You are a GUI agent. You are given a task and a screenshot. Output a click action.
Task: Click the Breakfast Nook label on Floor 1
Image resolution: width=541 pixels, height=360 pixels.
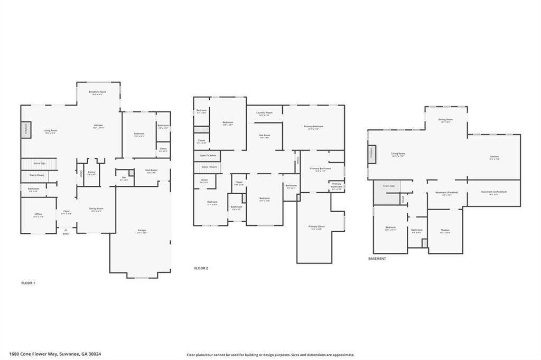pos(98,92)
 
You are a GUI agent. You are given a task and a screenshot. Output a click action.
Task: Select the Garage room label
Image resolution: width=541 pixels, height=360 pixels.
pos(142,230)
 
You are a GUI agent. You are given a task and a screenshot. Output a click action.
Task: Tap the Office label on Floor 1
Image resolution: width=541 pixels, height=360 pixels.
pos(38,215)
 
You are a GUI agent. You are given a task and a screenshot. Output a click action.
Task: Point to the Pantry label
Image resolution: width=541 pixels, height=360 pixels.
pos(91,172)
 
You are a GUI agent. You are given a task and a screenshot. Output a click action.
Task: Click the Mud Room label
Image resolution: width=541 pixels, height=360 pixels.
pos(151,170)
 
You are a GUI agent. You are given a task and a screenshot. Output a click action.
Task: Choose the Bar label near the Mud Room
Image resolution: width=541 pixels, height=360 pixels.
pos(124,177)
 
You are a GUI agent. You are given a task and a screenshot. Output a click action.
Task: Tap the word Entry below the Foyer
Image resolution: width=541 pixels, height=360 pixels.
pos(66,233)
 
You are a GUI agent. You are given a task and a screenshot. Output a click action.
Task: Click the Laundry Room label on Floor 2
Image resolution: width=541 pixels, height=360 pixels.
pos(264,112)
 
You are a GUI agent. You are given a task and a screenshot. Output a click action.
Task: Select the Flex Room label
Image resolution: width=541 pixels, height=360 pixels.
pos(264,135)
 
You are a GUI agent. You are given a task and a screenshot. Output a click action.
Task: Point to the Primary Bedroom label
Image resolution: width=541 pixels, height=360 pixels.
pos(313,126)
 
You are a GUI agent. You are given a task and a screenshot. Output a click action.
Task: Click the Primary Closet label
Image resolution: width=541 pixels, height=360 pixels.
pos(316,226)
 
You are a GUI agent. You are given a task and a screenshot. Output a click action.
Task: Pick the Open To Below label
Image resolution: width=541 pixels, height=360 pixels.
pos(207,156)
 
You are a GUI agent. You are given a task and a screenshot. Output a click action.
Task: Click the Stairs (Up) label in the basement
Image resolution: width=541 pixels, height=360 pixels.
pos(389,186)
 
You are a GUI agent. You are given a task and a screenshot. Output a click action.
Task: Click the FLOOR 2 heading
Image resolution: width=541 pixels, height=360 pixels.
pos(201,268)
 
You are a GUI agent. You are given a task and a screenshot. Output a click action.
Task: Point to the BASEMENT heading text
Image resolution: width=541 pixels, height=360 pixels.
pos(377,259)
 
